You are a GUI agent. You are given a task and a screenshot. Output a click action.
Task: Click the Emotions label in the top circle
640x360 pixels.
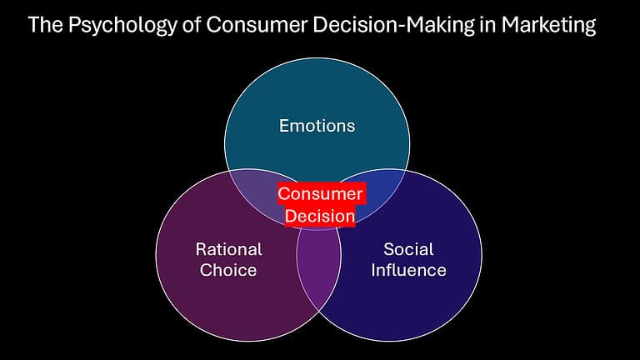(317, 126)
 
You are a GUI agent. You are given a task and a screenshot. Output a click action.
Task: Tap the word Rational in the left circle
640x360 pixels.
(228, 249)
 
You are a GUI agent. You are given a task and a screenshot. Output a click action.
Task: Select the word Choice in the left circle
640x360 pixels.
(228, 270)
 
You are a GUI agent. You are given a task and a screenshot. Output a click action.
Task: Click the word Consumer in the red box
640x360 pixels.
(320, 194)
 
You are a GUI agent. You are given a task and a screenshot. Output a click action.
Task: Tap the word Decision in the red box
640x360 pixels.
(320, 215)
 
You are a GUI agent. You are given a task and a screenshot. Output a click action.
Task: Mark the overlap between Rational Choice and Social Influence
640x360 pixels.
(319, 267)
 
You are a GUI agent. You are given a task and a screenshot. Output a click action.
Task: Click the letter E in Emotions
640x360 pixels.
(283, 126)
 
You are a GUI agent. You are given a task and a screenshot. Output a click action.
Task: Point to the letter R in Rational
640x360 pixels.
(201, 249)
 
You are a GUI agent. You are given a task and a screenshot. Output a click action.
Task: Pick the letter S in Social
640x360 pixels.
(388, 249)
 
